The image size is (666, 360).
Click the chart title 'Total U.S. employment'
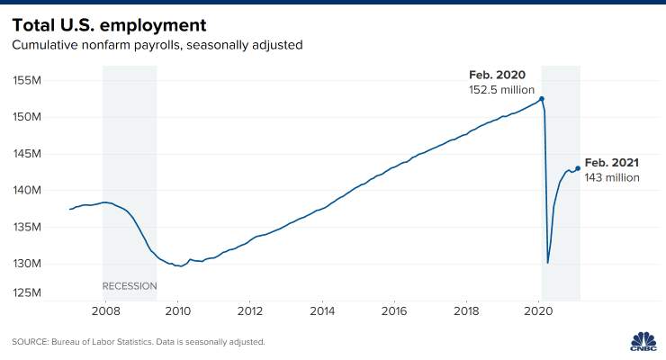pyautogui.click(x=109, y=25)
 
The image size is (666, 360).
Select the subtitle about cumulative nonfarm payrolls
pyautogui.click(x=157, y=45)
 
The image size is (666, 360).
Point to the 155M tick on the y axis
pyautogui.click(x=27, y=80)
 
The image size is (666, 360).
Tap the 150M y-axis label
pyautogui.click(x=27, y=116)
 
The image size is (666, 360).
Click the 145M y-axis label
pyautogui.click(x=27, y=153)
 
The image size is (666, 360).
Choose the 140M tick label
pyautogui.click(x=27, y=190)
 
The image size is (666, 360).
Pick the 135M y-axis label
pyautogui.click(x=27, y=227)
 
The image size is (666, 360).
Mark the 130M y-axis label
pyautogui.click(x=27, y=263)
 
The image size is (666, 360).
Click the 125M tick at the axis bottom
pyautogui.click(x=27, y=292)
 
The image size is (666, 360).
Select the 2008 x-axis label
pyautogui.click(x=106, y=311)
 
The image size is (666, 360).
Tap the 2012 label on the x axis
pyautogui.click(x=250, y=311)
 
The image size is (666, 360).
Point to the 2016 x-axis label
pyautogui.click(x=394, y=311)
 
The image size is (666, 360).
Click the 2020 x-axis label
pyautogui.click(x=538, y=311)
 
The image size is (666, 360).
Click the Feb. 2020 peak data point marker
pyautogui.click(x=542, y=99)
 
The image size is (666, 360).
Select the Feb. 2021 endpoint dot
pyautogui.click(x=578, y=168)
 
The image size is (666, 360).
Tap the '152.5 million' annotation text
pyautogui.click(x=501, y=90)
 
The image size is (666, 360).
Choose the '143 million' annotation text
pyautogui.click(x=612, y=177)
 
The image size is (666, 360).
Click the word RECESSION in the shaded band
pyautogui.click(x=130, y=286)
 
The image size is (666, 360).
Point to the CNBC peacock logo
pyautogui.click(x=643, y=341)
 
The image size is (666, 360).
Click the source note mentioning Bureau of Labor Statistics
pyautogui.click(x=139, y=342)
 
